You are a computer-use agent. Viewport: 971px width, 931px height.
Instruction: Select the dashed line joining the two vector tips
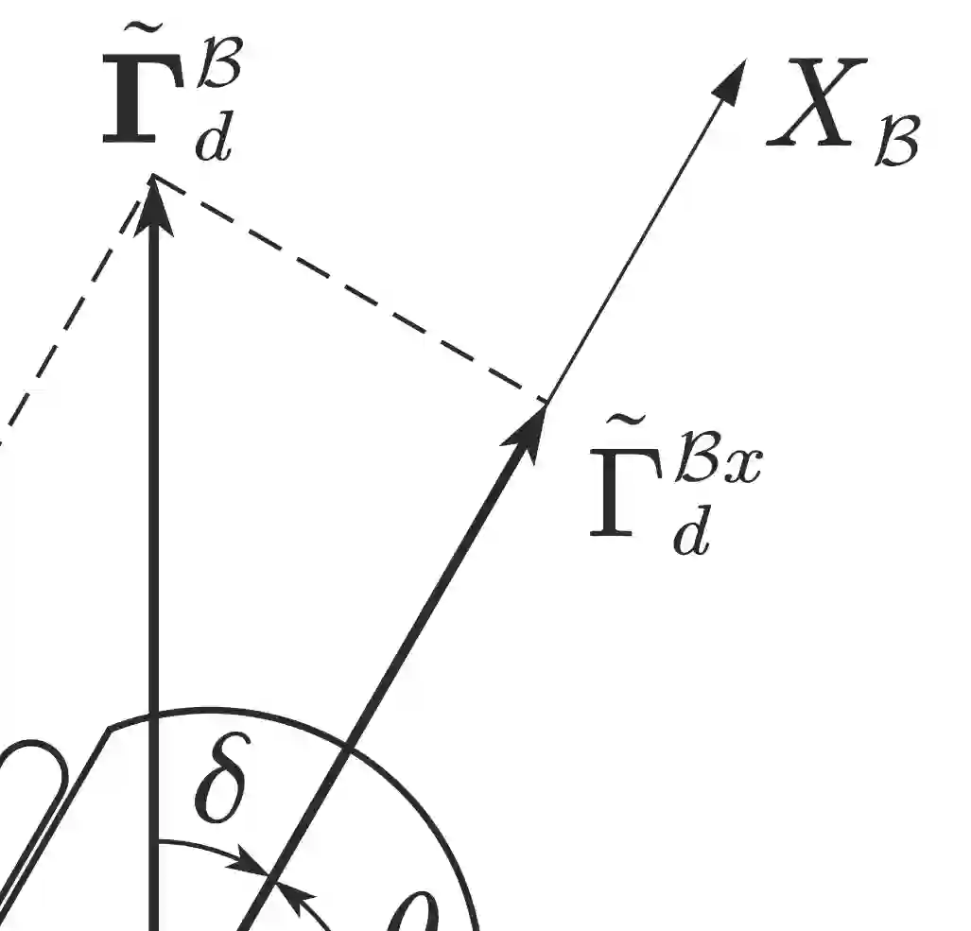click(x=350, y=289)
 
